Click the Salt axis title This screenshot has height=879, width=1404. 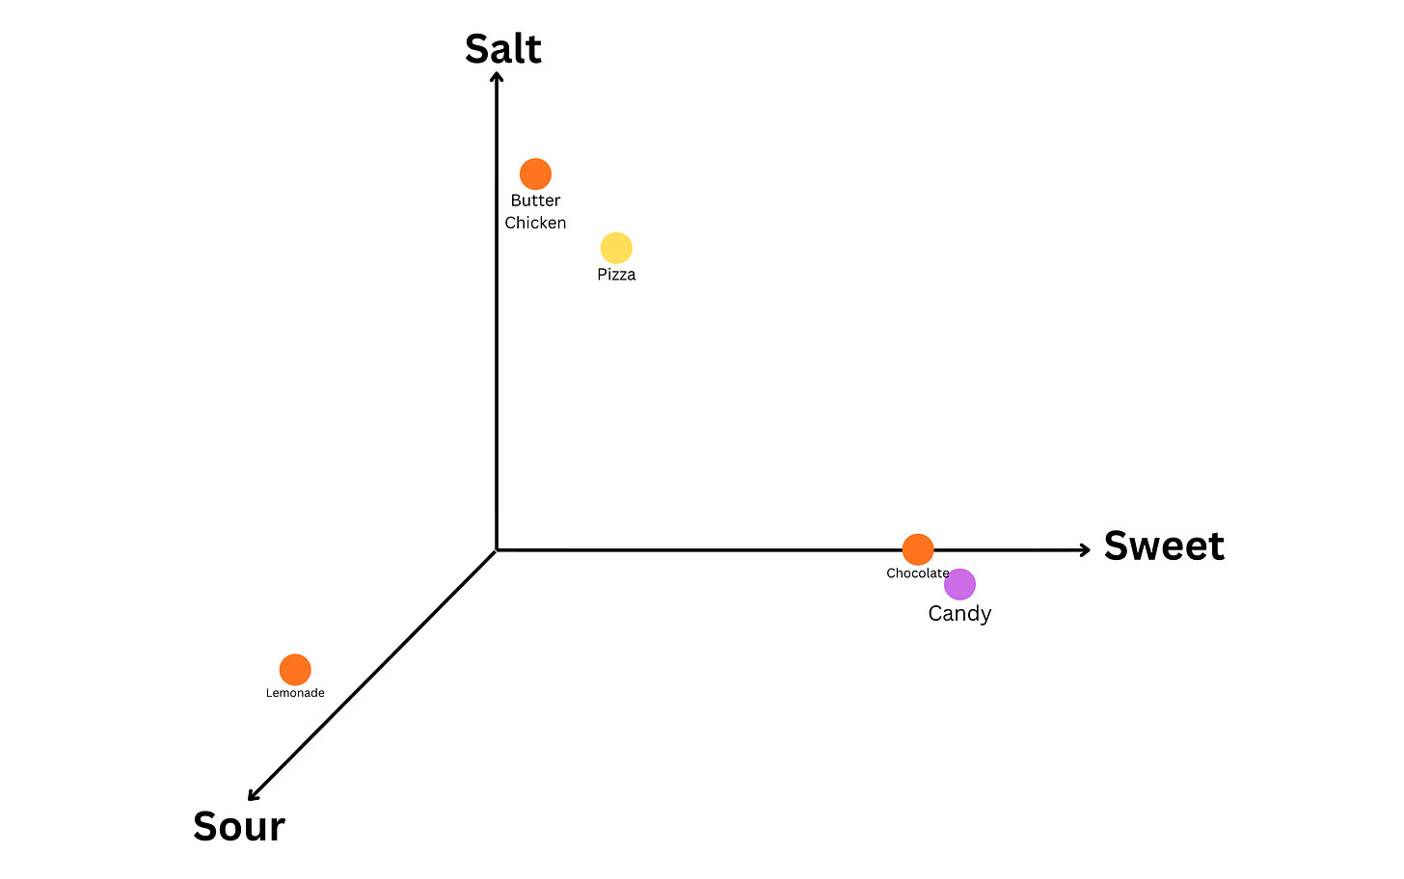pyautogui.click(x=502, y=49)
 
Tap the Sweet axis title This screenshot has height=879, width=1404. pyautogui.click(x=1164, y=546)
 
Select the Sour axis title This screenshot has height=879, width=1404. pyautogui.click(x=239, y=826)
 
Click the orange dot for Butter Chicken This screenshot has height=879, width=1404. pyautogui.click(x=535, y=174)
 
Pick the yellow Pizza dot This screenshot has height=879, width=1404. pyautogui.click(x=616, y=248)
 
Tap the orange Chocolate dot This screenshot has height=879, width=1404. pyautogui.click(x=918, y=549)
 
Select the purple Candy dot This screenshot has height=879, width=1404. pyautogui.click(x=959, y=584)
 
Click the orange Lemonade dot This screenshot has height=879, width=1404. pyautogui.click(x=295, y=670)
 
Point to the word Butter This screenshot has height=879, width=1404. pyautogui.click(x=535, y=200)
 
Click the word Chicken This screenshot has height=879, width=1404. pyautogui.click(x=535, y=223)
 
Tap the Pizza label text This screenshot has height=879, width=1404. pyautogui.click(x=616, y=275)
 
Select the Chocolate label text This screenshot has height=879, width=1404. pyautogui.click(x=918, y=573)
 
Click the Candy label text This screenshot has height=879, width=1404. pyautogui.click(x=959, y=613)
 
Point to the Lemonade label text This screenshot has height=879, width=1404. pyautogui.click(x=295, y=693)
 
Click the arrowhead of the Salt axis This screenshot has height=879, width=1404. pyautogui.click(x=497, y=76)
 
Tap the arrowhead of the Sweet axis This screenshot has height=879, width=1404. pyautogui.click(x=1086, y=550)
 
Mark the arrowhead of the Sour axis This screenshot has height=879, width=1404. pyautogui.click(x=253, y=796)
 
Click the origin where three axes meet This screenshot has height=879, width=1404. pyautogui.click(x=497, y=550)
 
